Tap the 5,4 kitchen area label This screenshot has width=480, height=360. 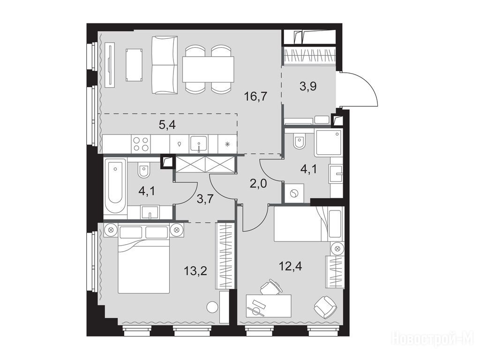pos(167,125)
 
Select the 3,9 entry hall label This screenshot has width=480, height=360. pos(308,86)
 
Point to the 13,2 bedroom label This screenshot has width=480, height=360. pos(195,270)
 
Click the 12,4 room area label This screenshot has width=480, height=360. pos(290,266)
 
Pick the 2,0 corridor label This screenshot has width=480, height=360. pos(258,184)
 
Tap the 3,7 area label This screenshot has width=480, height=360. pos(205,199)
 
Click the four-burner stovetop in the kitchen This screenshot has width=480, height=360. pos(141,144)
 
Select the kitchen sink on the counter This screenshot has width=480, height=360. pos(198,143)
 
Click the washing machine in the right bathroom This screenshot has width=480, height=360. pos(294,193)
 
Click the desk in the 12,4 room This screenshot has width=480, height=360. pos(269,306)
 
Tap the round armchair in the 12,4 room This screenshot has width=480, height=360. pos(325,307)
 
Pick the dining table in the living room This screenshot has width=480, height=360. pos(208,69)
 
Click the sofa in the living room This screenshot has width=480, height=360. pos(165,65)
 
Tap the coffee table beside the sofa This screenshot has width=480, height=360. pos(134,65)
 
